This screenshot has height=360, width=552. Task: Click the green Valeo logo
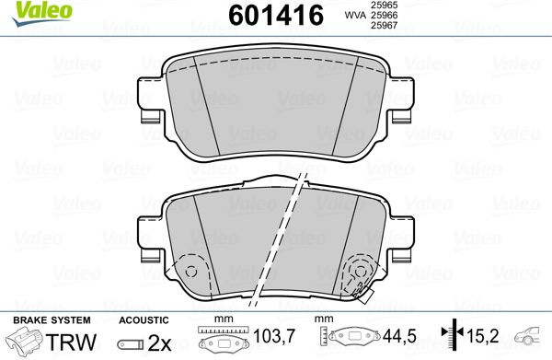pyautogui.click(x=41, y=13)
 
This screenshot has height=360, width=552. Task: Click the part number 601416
pyautogui.click(x=276, y=15)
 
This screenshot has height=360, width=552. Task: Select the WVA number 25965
pyautogui.click(x=383, y=5)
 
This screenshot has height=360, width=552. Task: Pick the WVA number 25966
pyautogui.click(x=383, y=15)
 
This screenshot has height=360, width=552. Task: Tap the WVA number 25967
pyautogui.click(x=383, y=25)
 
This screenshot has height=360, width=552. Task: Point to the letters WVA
pyautogui.click(x=355, y=15)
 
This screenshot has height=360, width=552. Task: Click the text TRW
pyautogui.click(x=71, y=342)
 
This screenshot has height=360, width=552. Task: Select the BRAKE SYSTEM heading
pyautogui.click(x=52, y=320)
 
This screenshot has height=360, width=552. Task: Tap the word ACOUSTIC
pyautogui.click(x=144, y=320)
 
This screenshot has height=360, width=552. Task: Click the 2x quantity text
pyautogui.click(x=159, y=343)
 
